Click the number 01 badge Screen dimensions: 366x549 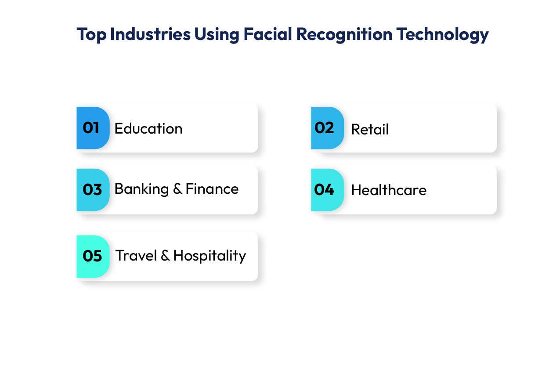click(x=92, y=128)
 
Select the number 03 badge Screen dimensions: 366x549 click(x=92, y=190)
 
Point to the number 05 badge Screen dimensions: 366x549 click(x=92, y=256)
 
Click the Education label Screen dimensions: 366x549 click(x=148, y=129)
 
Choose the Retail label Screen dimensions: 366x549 click(x=370, y=130)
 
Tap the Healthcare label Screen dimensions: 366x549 click(x=389, y=190)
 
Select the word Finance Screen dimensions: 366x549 click(x=212, y=189)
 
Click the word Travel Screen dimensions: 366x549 click(x=136, y=255)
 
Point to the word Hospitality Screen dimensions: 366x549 click(x=209, y=256)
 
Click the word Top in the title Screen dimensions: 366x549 click(x=91, y=35)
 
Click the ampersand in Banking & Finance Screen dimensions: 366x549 click(x=177, y=189)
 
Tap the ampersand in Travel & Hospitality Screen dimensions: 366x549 click(x=165, y=256)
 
